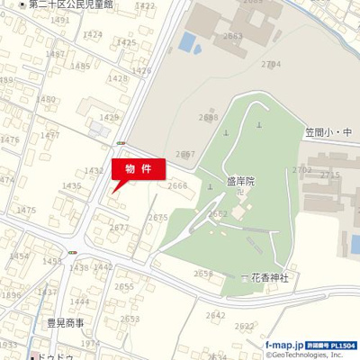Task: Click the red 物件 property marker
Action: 138,168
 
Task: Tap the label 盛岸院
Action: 240,181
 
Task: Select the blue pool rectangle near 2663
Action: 187,41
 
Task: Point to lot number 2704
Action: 271,64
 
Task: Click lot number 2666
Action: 178,185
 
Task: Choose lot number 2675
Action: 158,217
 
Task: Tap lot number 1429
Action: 109,117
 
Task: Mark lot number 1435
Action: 72,185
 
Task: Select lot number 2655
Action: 124,286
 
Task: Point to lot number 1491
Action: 61,20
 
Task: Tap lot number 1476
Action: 9,139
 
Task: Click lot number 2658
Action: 203,274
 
